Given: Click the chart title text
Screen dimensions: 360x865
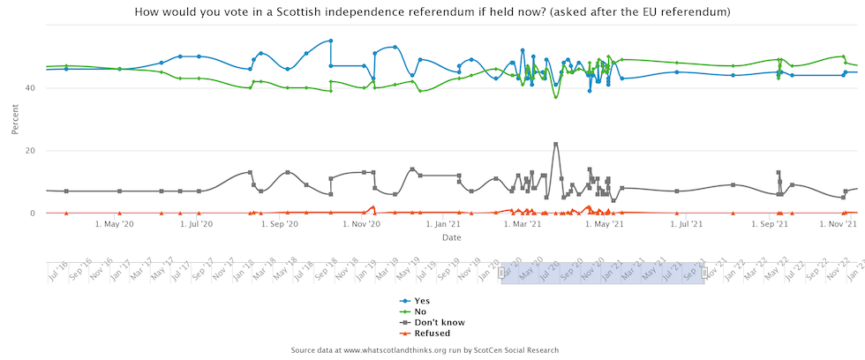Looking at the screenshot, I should click(432, 11).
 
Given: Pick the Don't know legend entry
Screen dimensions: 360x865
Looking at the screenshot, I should click(439, 323).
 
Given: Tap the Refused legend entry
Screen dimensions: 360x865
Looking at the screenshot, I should click(432, 334).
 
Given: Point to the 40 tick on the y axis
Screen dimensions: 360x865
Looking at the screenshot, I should click(29, 88).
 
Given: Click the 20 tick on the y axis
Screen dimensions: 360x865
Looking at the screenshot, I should click(29, 151).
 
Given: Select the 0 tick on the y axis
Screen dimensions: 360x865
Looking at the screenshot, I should click(32, 214).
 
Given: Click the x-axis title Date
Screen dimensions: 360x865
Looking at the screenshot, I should click(451, 237).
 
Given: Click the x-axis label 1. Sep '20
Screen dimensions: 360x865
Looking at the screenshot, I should click(279, 225).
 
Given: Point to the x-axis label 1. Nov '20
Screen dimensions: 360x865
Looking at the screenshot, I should click(361, 225).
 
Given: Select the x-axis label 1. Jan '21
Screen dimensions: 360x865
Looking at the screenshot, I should click(443, 225).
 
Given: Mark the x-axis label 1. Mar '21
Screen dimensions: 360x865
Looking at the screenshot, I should click(523, 225).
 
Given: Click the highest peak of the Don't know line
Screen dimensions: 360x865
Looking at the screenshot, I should click(555, 144).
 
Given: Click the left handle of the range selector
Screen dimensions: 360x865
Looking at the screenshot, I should click(501, 274).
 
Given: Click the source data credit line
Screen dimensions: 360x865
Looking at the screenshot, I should click(425, 350).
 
